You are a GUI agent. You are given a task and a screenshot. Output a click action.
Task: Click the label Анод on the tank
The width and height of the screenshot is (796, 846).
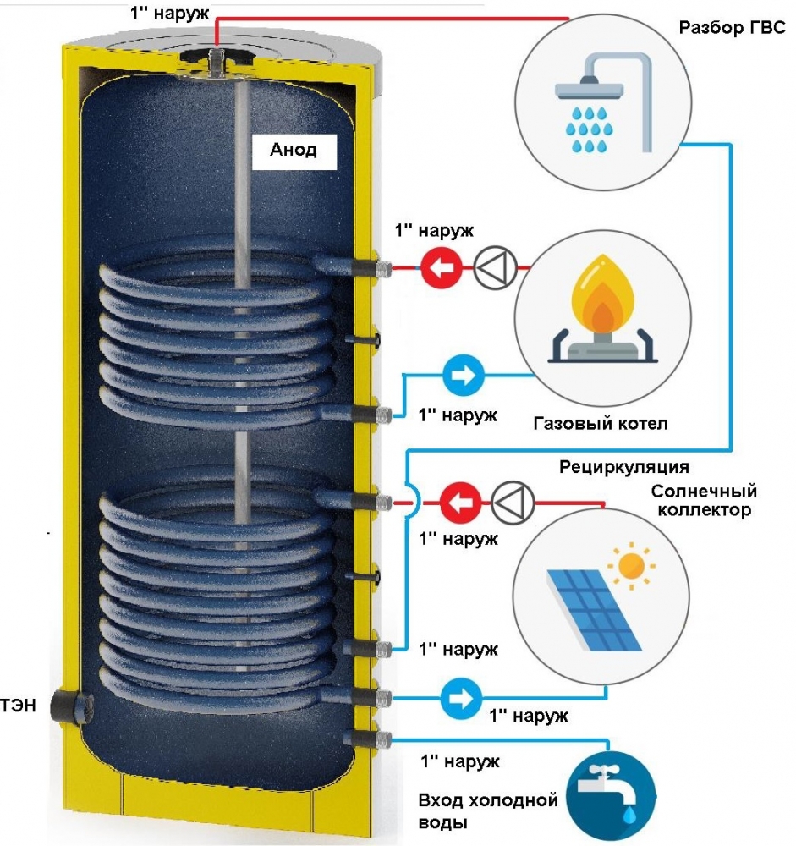[x=294, y=151]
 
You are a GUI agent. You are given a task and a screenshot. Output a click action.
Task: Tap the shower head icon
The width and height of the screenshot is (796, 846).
[x=601, y=106]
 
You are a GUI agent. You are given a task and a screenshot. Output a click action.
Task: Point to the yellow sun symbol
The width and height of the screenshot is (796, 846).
[x=630, y=566]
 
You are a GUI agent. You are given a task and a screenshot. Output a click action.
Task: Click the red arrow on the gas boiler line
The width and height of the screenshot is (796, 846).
[x=438, y=268]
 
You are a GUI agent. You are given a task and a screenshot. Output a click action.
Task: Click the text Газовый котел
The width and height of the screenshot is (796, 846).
[x=600, y=423]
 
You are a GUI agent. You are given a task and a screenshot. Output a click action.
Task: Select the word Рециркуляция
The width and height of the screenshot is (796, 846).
[x=624, y=467]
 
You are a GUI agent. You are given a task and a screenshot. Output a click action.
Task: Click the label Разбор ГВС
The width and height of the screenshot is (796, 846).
[x=733, y=27]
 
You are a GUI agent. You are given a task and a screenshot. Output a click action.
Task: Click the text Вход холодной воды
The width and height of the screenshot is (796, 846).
[x=488, y=810]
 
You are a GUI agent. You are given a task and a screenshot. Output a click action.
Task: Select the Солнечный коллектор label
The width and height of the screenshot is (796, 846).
[x=704, y=501]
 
